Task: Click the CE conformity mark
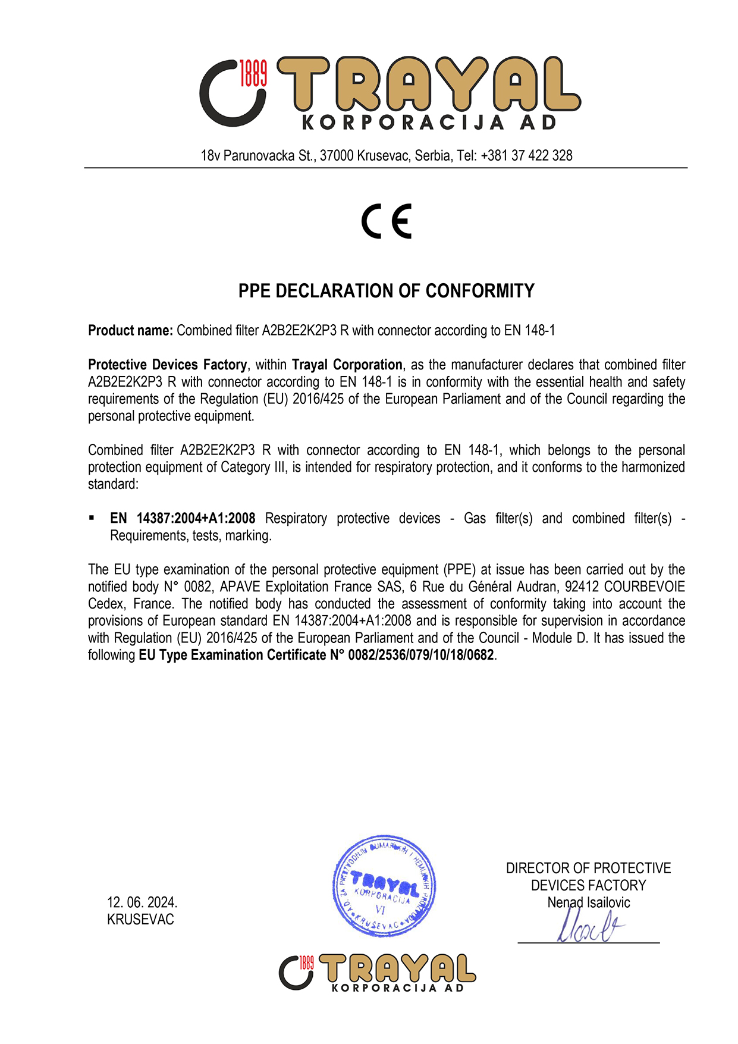click(387, 221)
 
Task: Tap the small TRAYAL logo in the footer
click(377, 973)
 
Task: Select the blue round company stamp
click(384, 885)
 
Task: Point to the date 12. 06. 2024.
click(142, 902)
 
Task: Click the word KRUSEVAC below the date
click(140, 920)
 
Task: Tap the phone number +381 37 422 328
click(526, 156)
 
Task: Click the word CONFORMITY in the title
click(480, 291)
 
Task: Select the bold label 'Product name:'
click(130, 331)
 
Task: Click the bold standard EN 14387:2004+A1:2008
click(183, 519)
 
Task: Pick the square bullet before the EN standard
click(92, 518)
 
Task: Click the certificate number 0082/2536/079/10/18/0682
click(421, 656)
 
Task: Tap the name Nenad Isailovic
click(588, 902)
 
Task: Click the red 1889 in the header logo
click(253, 73)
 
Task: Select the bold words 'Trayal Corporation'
click(347, 365)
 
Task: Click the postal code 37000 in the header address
click(337, 156)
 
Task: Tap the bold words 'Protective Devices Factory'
click(167, 365)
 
